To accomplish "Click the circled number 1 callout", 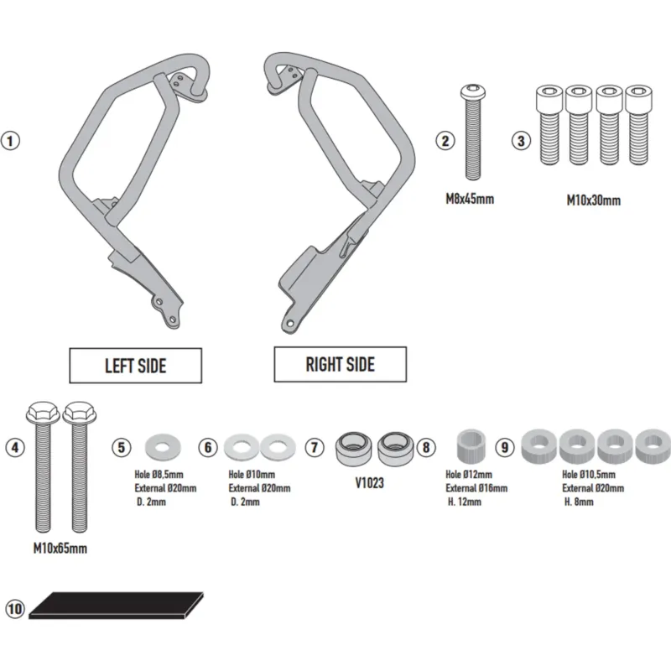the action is [10, 141].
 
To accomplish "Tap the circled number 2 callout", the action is [445, 141].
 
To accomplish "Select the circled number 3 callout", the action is [521, 141].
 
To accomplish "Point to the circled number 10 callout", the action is [15, 609].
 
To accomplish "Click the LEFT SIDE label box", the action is [135, 366].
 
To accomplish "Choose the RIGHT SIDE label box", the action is [341, 364].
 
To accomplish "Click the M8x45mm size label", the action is [470, 199].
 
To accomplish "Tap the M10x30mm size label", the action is [594, 200].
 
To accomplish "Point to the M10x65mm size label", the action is [60, 549].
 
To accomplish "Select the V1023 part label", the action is [369, 483].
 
